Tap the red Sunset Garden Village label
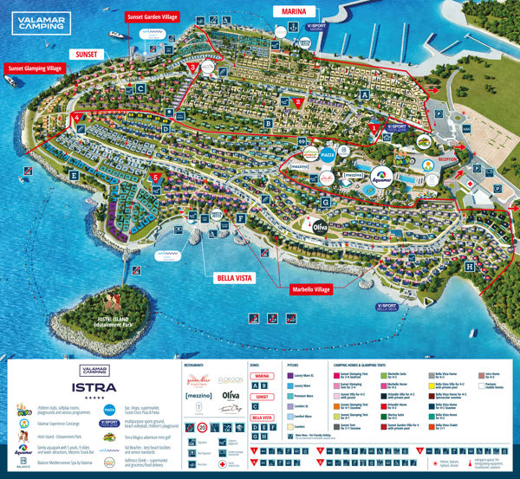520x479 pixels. tap(153, 16)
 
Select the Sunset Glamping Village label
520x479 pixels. tap(34, 68)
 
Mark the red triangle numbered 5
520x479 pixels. tap(156, 178)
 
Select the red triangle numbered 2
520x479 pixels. tap(298, 102)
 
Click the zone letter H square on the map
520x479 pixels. tap(470, 268)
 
